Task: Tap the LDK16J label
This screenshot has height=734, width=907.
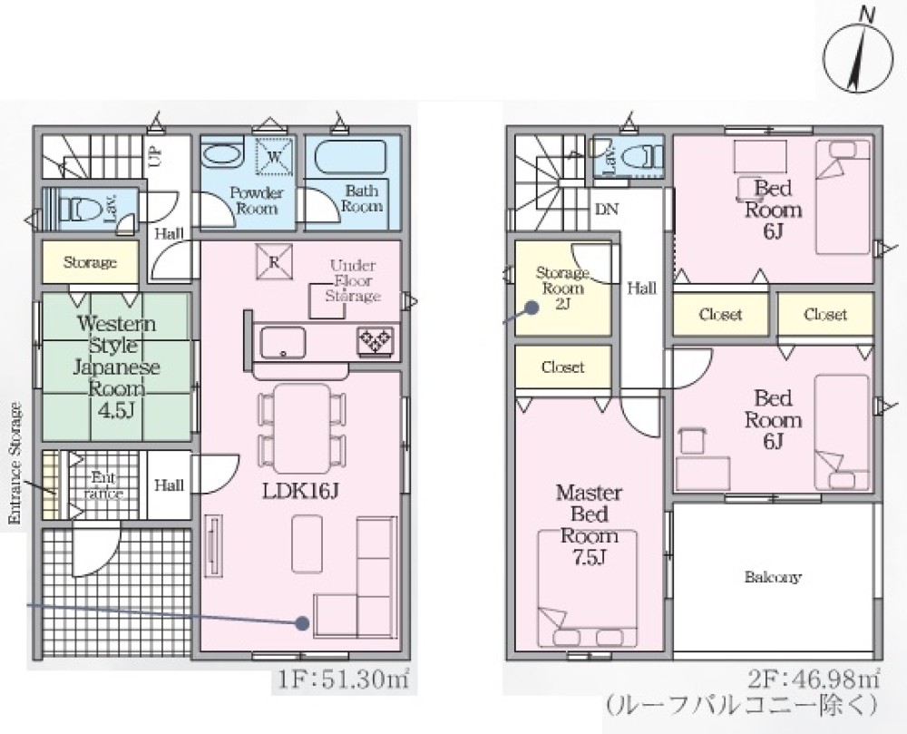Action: (x=300, y=491)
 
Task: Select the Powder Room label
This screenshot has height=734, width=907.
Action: (x=257, y=201)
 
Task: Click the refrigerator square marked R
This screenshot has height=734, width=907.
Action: (x=274, y=261)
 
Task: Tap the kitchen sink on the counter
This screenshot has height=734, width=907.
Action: (x=283, y=342)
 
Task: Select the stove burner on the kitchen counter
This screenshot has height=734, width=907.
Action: (x=376, y=340)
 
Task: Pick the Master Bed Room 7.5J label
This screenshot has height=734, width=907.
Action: (x=589, y=524)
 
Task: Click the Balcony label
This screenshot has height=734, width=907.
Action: (x=773, y=577)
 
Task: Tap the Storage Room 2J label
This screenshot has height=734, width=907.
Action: (x=562, y=288)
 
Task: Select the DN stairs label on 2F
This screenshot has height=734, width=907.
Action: (x=607, y=209)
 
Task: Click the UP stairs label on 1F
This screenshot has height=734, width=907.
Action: (x=156, y=156)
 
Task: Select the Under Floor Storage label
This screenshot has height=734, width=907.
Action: (x=353, y=280)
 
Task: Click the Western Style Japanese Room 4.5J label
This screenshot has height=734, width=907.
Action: (x=116, y=367)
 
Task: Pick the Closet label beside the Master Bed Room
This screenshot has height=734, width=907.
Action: (x=563, y=367)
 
